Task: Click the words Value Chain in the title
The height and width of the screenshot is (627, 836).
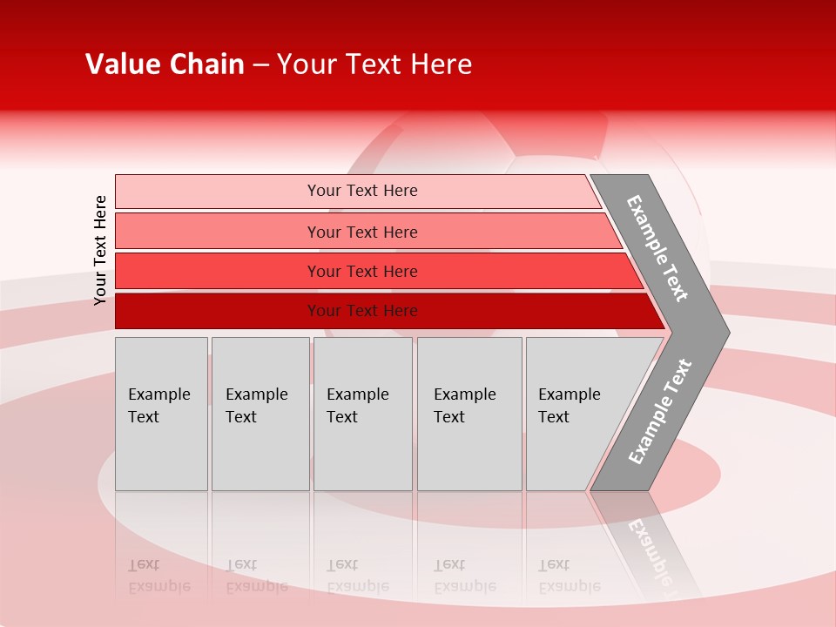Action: coord(165,64)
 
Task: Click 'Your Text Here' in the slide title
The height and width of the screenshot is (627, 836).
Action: coord(374,64)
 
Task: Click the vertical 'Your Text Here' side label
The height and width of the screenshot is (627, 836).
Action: coord(100,250)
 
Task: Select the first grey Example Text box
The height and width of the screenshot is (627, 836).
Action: coord(161,414)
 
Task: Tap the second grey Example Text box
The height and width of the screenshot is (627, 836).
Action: coord(260,414)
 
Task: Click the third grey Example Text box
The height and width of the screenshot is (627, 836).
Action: coord(362,414)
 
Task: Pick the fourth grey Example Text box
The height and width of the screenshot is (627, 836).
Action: coord(469,414)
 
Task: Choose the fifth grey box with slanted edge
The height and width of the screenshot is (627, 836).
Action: coord(575,414)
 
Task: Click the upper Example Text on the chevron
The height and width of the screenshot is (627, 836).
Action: coord(657,248)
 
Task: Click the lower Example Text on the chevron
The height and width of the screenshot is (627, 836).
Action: coord(660,411)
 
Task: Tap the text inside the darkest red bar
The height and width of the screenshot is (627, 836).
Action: coord(362,311)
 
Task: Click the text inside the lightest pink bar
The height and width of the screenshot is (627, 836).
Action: coord(362,191)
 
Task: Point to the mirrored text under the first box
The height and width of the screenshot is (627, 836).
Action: coord(158,576)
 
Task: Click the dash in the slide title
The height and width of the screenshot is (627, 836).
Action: coord(260,65)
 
